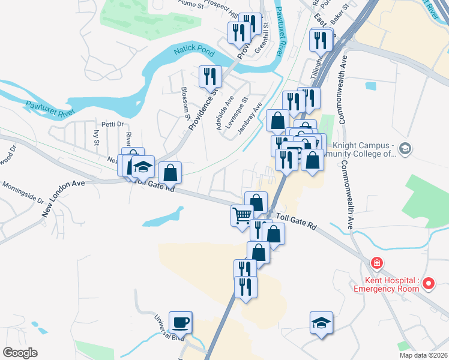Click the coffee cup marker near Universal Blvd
point(180,323)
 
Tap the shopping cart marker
point(242,215)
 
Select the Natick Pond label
point(190,52)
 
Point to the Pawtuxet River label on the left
point(50,108)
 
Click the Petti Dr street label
point(112,124)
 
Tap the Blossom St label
point(184,100)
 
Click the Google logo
point(20,353)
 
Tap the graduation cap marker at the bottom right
point(321,323)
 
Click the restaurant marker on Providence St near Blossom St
point(210,76)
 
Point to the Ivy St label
point(97,137)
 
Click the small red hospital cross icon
point(376,263)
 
